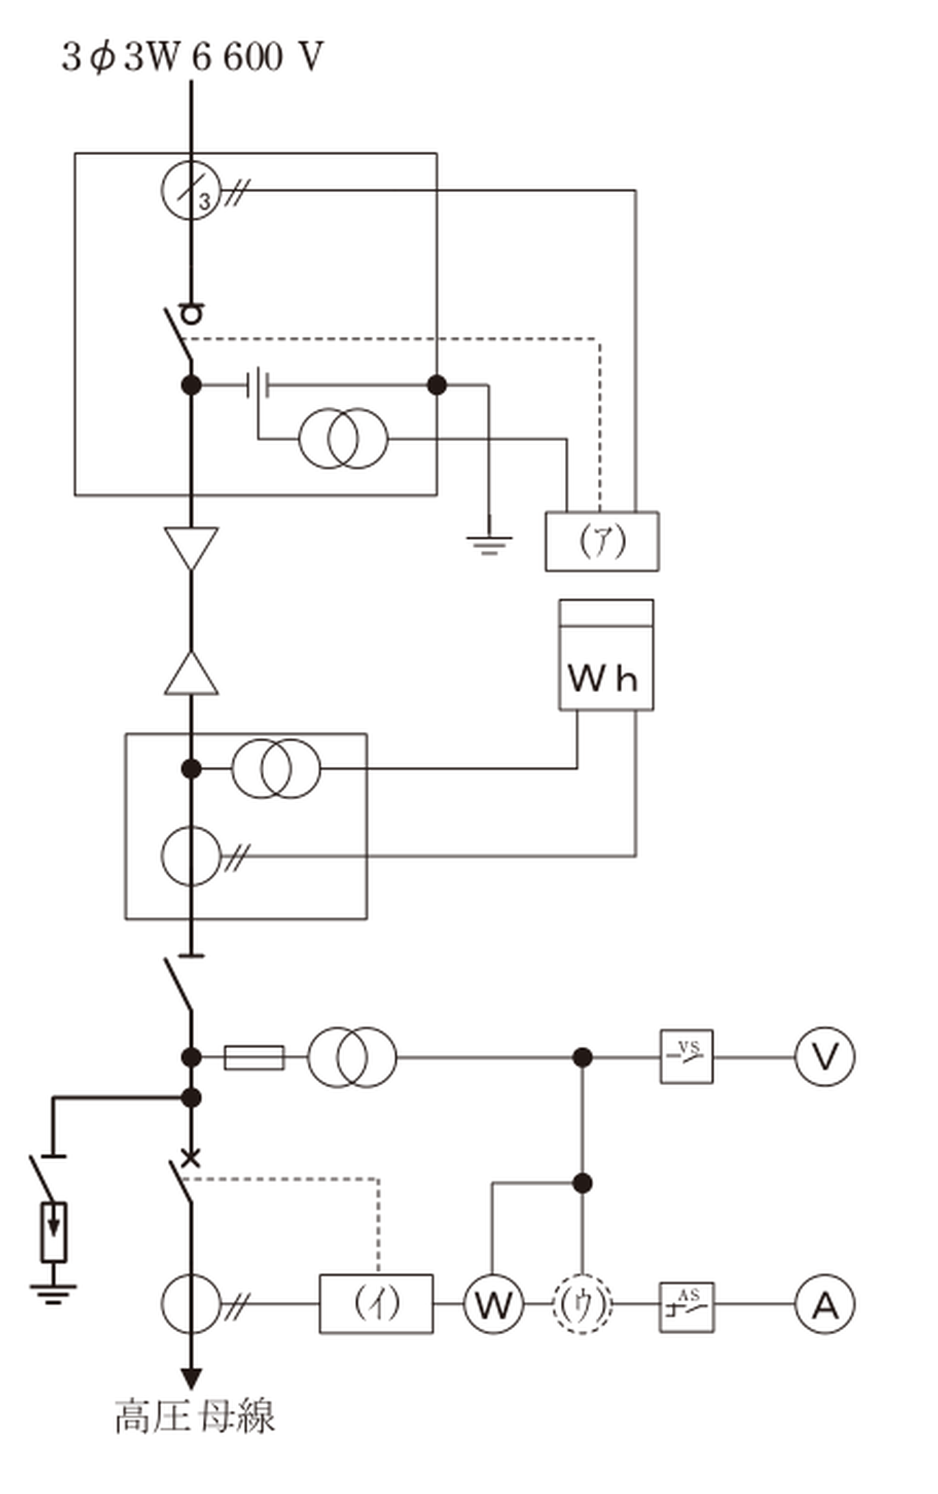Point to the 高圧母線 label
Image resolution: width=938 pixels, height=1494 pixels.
tap(195, 1416)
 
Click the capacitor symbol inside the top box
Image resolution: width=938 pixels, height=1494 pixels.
tap(258, 385)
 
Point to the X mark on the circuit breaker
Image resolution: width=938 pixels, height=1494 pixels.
tap(191, 1158)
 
